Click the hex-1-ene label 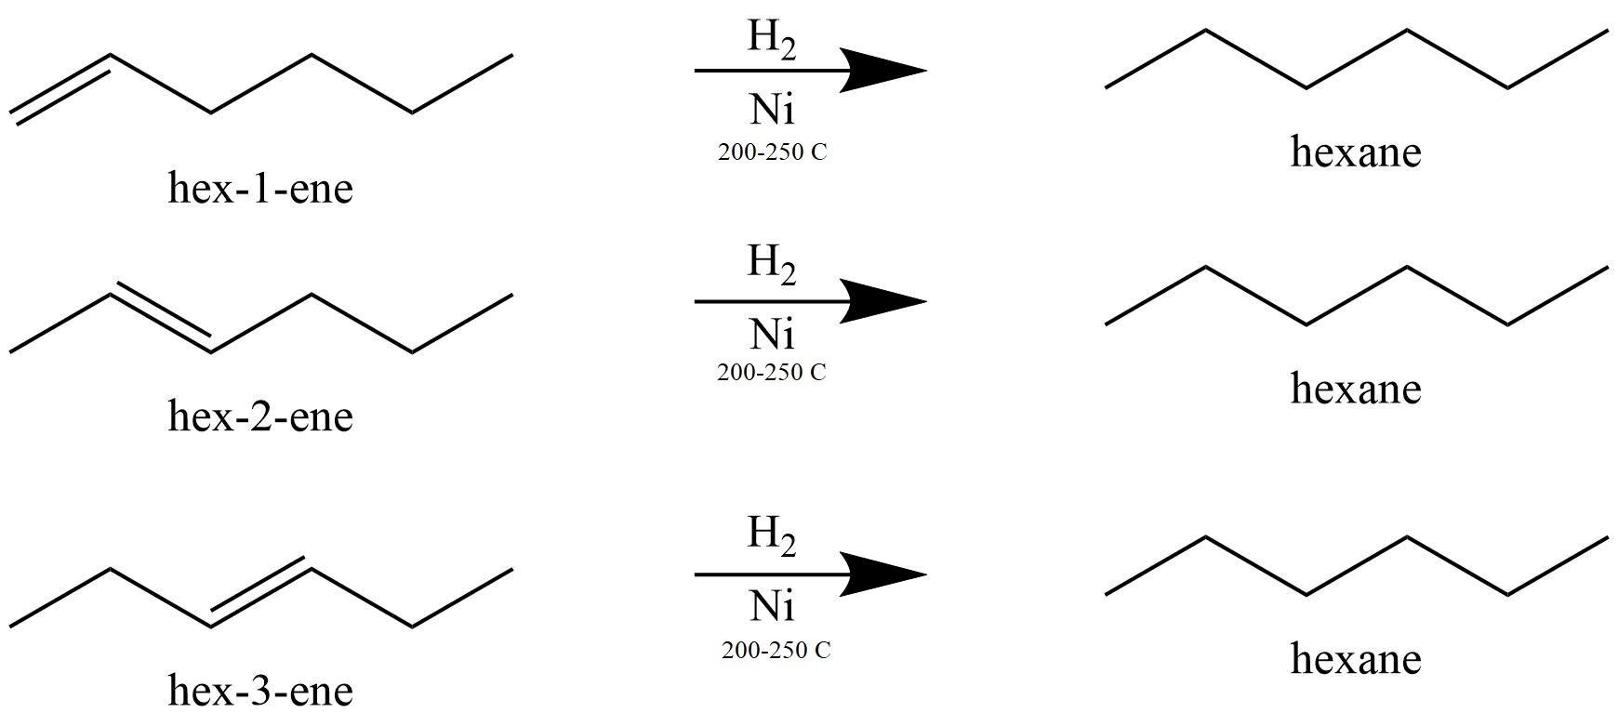(x=260, y=189)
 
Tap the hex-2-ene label (x=260, y=416)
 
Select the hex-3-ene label (x=260, y=691)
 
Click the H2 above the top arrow (x=772, y=39)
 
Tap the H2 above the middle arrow (x=772, y=264)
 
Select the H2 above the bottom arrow (x=772, y=535)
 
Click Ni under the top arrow (x=772, y=110)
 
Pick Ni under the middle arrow (x=772, y=333)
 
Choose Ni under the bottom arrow (x=772, y=607)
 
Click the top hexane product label (x=1356, y=152)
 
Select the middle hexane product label (x=1356, y=389)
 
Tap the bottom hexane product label (x=1356, y=659)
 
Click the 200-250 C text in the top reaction (x=772, y=152)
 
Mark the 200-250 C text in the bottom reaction (x=776, y=650)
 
